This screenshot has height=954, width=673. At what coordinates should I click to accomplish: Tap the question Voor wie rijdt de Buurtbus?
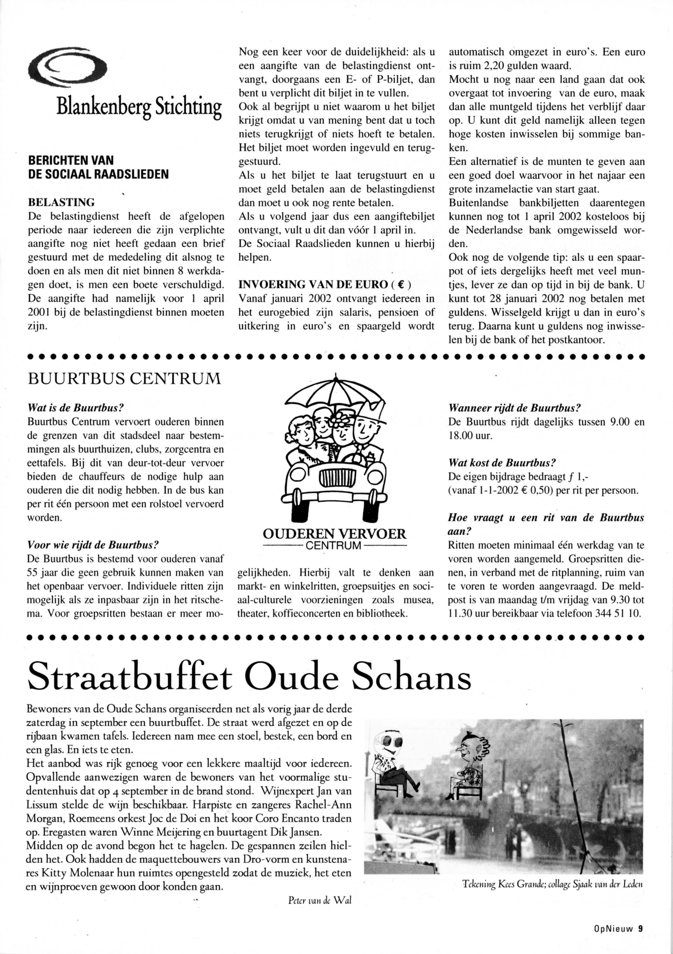pos(94,544)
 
